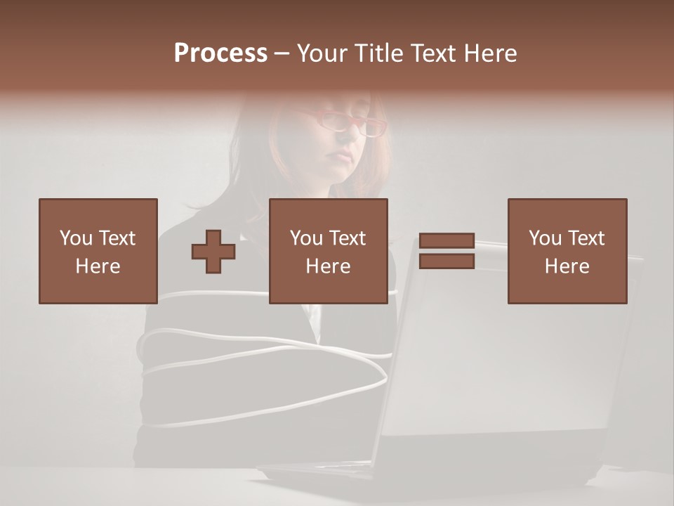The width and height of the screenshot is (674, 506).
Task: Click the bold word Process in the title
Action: pos(220,53)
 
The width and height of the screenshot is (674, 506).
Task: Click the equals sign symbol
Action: pos(447,251)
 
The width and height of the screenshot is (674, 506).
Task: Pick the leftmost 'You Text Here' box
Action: pos(98,251)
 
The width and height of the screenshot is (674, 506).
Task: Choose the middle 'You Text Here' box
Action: pos(329,251)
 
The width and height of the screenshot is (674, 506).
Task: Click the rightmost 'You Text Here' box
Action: pos(567,251)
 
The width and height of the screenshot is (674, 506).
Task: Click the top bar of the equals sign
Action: pos(447,241)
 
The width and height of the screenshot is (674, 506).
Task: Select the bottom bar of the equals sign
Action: pos(447,261)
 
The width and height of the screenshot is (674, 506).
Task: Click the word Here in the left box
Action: pos(98,266)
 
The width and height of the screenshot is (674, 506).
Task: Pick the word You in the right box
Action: pos(544,238)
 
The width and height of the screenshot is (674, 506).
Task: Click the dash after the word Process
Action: pos(282,53)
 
